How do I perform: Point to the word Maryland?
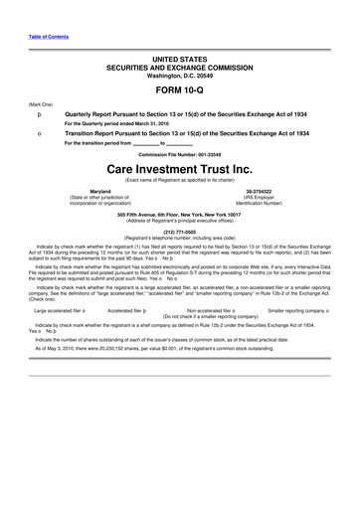pos(100,190)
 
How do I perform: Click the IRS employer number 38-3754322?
pos(273,190)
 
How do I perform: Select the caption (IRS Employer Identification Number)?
pos(273,201)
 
